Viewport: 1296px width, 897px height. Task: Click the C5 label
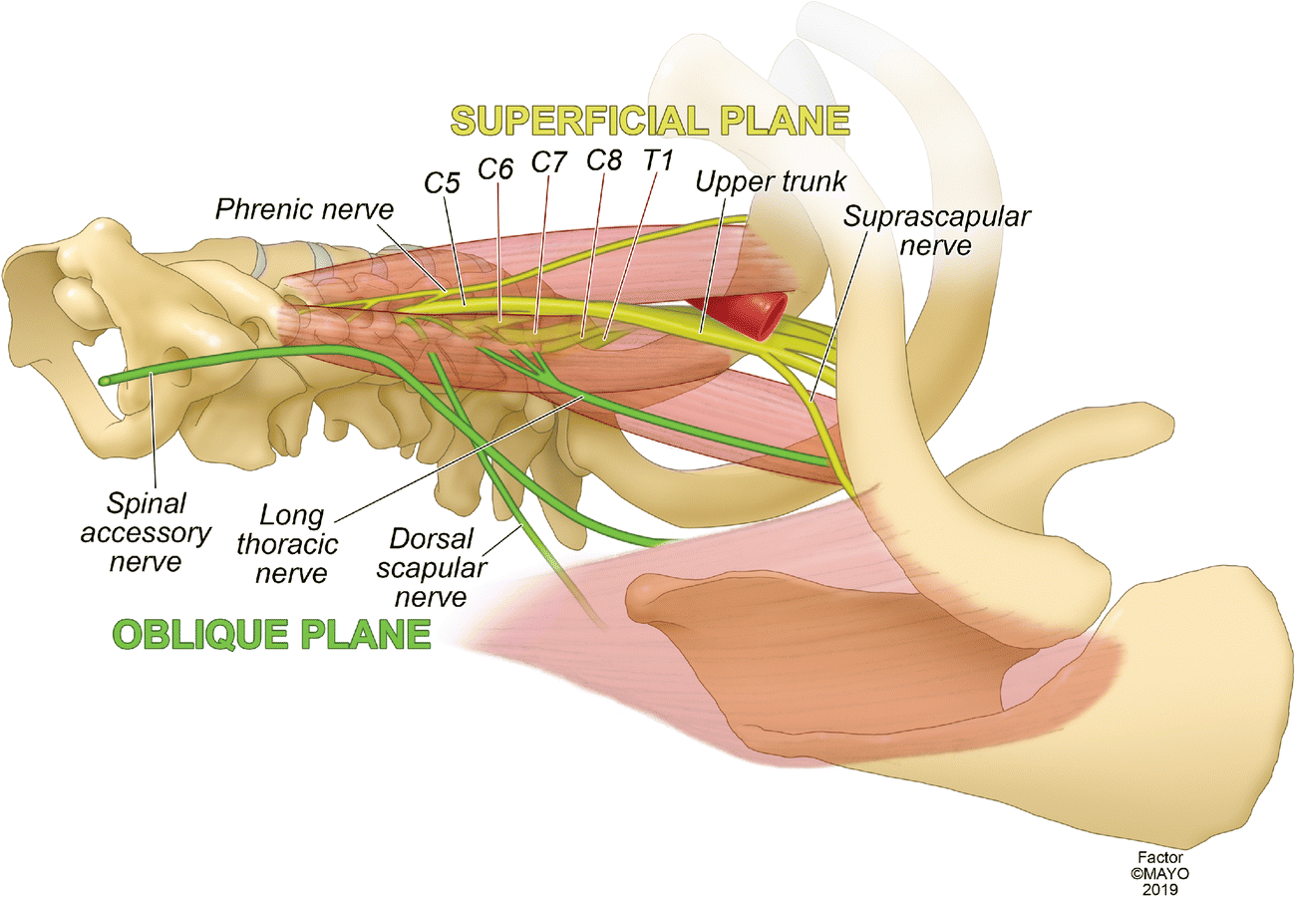click(442, 183)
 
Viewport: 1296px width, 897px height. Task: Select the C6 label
click(494, 168)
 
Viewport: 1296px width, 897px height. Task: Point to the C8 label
click(604, 159)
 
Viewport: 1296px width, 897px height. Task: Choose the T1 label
click(658, 160)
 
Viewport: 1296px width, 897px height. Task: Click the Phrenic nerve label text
click(305, 209)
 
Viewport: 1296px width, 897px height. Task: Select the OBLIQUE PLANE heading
click(271, 633)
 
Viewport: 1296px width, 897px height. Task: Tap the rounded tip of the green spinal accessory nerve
click(105, 380)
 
